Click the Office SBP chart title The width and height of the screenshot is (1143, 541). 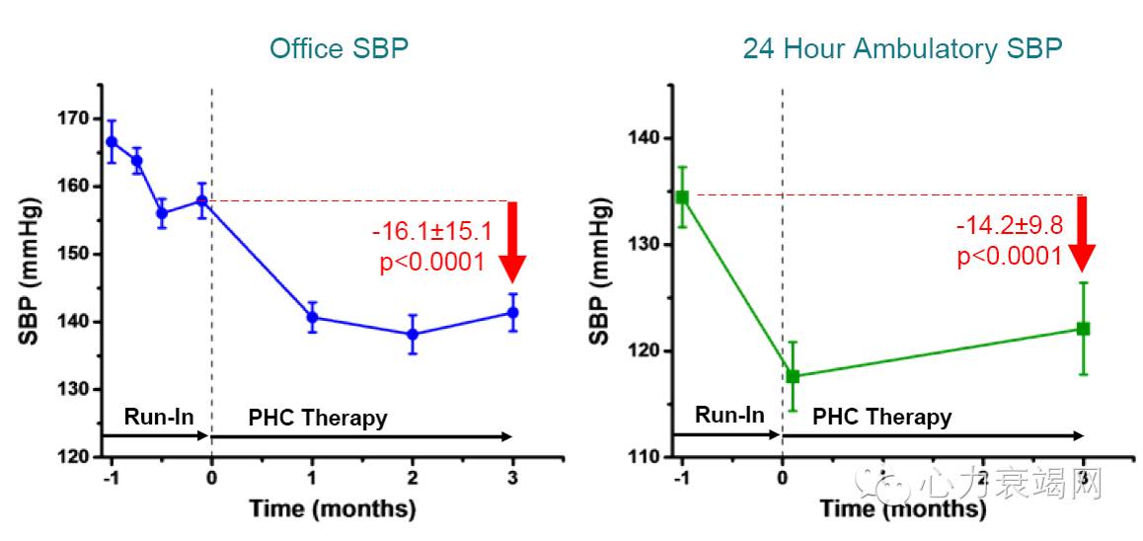pyautogui.click(x=339, y=48)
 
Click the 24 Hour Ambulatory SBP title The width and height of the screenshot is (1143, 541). pyautogui.click(x=902, y=48)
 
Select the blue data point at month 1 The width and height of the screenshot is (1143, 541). pyautogui.click(x=312, y=317)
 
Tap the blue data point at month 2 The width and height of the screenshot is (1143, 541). pyautogui.click(x=413, y=335)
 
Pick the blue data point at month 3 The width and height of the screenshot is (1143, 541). pyautogui.click(x=512, y=313)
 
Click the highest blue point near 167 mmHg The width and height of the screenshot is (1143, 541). pyautogui.click(x=112, y=141)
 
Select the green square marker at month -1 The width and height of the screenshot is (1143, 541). pyautogui.click(x=681, y=196)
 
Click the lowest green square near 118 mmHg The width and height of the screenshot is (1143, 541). pyautogui.click(x=792, y=376)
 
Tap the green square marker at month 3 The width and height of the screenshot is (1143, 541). pyautogui.click(x=1083, y=328)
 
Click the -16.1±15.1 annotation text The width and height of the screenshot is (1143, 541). pyautogui.click(x=431, y=233)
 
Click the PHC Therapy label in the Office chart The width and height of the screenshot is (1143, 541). pyautogui.click(x=318, y=418)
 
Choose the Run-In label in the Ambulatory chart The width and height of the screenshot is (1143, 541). pyautogui.click(x=729, y=415)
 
